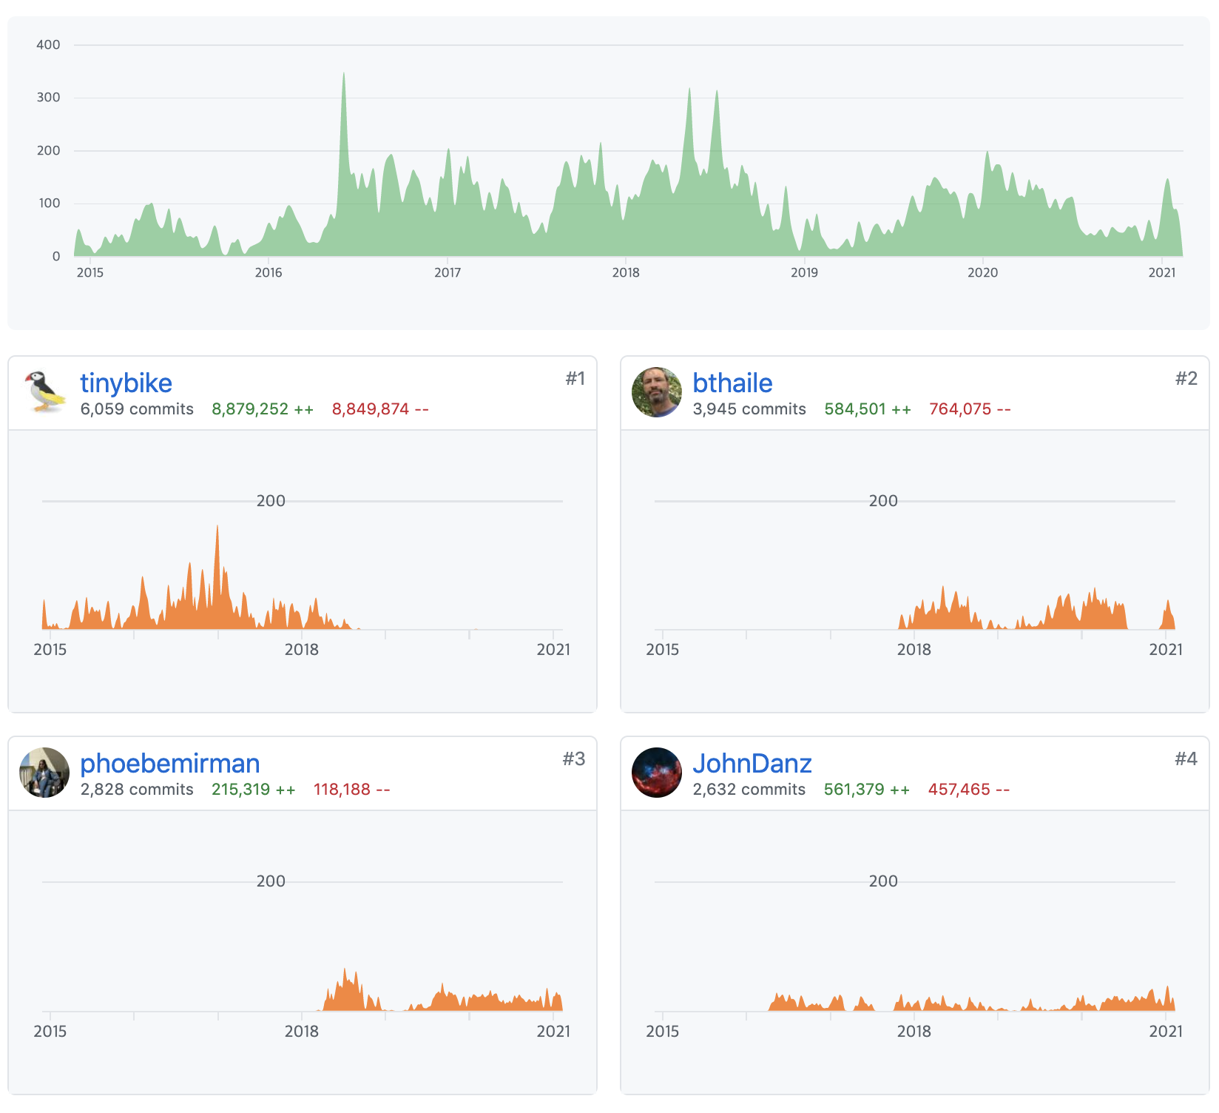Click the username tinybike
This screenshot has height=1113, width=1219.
[126, 383]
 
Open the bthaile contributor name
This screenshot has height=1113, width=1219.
[732, 383]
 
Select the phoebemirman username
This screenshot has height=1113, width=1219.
[169, 764]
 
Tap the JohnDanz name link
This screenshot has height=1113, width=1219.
[752, 764]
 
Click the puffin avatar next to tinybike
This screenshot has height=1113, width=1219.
[44, 392]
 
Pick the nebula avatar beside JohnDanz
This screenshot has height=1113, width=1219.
[657, 773]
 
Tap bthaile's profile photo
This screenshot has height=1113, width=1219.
[657, 392]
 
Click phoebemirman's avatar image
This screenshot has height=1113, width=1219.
[44, 773]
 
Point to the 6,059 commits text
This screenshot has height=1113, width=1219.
[137, 409]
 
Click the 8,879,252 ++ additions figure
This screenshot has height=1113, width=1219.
[263, 409]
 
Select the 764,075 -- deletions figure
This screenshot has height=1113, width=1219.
[970, 409]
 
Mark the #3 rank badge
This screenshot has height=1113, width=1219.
[574, 759]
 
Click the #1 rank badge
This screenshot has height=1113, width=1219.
[575, 378]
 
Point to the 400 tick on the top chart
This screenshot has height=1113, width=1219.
[48, 44]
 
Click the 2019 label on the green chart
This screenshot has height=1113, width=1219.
[804, 272]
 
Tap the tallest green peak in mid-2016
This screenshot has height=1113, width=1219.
[344, 74]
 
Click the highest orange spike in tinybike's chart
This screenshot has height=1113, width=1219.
[217, 528]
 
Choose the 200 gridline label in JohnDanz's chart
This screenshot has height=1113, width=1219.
[883, 881]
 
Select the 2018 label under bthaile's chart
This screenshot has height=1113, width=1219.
[914, 650]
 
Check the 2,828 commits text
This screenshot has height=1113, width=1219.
[137, 790]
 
